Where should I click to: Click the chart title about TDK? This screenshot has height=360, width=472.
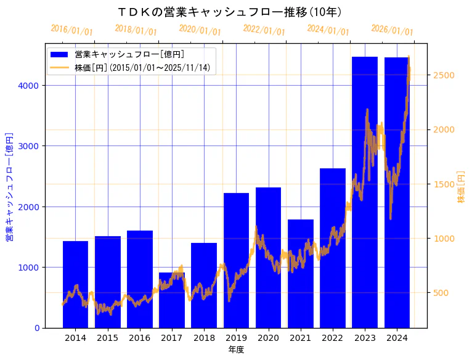pyautogui.click(x=230, y=12)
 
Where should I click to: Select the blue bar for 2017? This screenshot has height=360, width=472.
pyautogui.click(x=171, y=300)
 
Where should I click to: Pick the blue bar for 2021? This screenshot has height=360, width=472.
pyautogui.click(x=301, y=274)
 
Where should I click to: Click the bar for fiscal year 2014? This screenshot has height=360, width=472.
pyautogui.click(x=75, y=284)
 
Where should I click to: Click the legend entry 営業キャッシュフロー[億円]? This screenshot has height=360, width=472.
pyautogui.click(x=129, y=55)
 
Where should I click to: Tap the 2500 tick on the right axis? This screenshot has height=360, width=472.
pyautogui.click(x=444, y=75)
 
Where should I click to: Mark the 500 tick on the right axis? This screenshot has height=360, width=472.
pyautogui.click(x=442, y=293)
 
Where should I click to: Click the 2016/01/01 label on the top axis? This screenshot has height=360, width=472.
pyautogui.click(x=72, y=30)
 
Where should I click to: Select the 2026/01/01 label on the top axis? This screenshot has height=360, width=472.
pyautogui.click(x=393, y=30)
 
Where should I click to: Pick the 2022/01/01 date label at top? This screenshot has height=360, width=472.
pyautogui.click(x=264, y=30)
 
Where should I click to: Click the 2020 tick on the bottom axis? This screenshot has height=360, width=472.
pyautogui.click(x=268, y=338)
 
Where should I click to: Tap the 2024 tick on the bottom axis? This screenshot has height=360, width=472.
pyautogui.click(x=397, y=338)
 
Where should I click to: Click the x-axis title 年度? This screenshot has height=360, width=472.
pyautogui.click(x=236, y=350)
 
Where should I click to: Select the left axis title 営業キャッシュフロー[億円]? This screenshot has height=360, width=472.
pyautogui.click(x=9, y=186)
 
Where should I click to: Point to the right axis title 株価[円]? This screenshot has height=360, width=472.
pyautogui.click(x=462, y=186)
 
